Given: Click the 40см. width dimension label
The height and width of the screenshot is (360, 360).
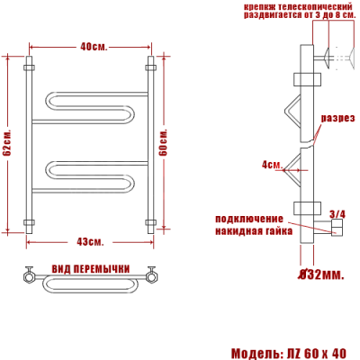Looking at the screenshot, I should point(93,47).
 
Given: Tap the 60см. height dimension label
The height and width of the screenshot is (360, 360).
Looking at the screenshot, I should point(165,141).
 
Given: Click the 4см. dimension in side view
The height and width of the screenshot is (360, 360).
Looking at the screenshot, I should point(271,165).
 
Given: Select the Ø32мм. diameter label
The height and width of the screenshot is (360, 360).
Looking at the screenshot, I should point(320,274).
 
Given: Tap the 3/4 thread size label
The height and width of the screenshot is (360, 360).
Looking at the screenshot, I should point(337,213).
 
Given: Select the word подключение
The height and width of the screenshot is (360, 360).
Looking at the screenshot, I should point(248,219).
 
